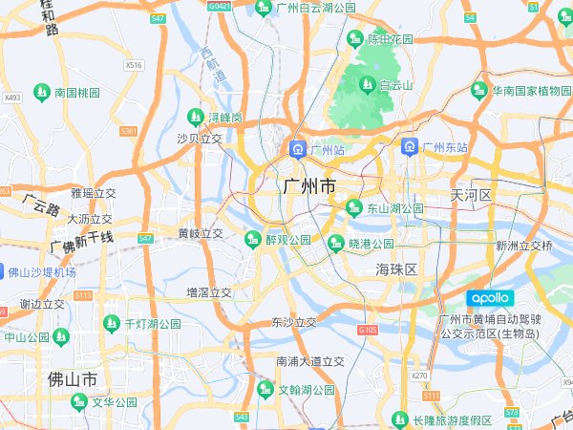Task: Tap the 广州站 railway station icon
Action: point(297,150)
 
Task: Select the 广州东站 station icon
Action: point(409,147)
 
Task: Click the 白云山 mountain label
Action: point(395,85)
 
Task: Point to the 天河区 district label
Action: point(471,195)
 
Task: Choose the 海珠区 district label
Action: point(396,269)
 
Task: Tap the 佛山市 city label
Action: point(73,379)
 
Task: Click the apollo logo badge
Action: point(491,298)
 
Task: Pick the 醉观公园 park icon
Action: point(252,239)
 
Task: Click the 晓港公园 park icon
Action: point(335,243)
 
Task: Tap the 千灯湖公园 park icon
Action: point(113,324)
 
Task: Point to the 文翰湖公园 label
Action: point(306,390)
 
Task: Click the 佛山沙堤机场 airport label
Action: point(42,272)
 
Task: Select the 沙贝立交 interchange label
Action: point(199,139)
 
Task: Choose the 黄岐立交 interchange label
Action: point(201,233)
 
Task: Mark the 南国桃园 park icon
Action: point(41,93)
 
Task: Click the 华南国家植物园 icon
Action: point(478,91)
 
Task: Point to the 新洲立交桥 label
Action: point(523,246)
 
